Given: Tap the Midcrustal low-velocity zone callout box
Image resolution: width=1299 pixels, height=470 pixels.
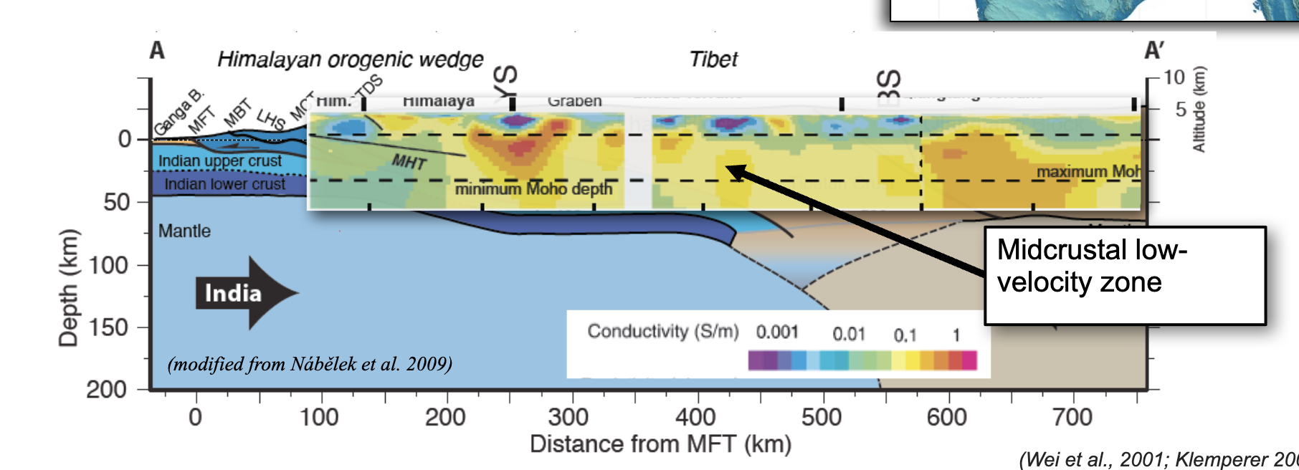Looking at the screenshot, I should point(1124,275).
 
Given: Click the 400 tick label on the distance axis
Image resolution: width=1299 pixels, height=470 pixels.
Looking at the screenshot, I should point(695,417).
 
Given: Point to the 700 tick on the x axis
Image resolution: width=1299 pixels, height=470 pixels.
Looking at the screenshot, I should point(1072,417).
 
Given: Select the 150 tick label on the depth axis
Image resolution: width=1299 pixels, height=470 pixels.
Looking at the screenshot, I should point(108,327).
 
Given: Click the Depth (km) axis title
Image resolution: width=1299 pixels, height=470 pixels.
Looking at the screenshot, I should point(69,287).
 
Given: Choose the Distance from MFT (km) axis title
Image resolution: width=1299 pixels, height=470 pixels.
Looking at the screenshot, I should point(660,444).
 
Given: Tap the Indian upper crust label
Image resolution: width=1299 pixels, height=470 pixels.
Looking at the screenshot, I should point(220,161).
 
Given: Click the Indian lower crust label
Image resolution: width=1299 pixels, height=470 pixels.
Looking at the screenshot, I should point(224,184).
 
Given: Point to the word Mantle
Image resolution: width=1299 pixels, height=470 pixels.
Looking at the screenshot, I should point(184,231).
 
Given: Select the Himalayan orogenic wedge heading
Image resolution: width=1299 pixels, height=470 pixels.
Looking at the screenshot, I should point(350,59).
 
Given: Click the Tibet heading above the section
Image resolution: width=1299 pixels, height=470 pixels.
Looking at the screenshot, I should point(713,59).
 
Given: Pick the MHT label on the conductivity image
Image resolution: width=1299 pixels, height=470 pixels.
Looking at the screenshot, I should point(409,162).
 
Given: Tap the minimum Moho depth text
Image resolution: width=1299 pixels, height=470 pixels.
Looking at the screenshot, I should point(533,189).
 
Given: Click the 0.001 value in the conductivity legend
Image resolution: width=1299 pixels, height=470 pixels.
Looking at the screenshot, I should point(777,332).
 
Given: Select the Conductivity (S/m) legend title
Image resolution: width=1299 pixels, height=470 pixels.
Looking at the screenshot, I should point(663,331).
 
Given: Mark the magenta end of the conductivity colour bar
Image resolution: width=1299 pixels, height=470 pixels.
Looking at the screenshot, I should point(969,360).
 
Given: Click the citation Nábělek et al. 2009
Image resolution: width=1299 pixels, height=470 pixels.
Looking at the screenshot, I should point(310,365).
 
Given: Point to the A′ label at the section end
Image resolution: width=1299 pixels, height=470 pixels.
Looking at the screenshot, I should point(1153,52).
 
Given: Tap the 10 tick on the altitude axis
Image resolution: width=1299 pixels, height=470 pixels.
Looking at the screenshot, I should point(1174,77).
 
